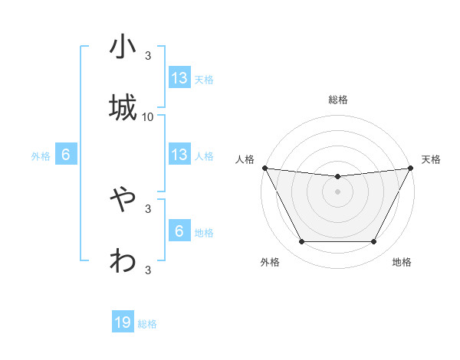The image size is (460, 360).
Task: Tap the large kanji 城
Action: point(123,106)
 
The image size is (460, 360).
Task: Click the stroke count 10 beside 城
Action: point(148,117)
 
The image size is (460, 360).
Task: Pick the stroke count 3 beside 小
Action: point(148,56)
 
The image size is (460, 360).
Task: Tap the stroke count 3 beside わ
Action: point(148,270)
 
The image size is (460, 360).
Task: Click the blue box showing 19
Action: point(123,323)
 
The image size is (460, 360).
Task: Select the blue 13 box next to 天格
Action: point(179,78)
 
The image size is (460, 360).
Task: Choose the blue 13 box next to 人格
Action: point(179,155)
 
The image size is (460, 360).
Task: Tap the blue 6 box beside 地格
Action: point(179,232)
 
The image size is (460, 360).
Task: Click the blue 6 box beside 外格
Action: point(66,155)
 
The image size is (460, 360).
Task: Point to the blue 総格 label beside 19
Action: point(147,324)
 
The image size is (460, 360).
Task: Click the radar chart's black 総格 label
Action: point(338,100)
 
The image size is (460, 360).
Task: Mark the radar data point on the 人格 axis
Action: point(265,168)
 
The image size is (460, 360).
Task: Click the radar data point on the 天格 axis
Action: point(411,168)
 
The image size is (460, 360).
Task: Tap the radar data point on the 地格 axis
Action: point(374,242)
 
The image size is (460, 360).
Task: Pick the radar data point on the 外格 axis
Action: point(301,242)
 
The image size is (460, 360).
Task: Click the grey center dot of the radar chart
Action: point(338,191)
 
